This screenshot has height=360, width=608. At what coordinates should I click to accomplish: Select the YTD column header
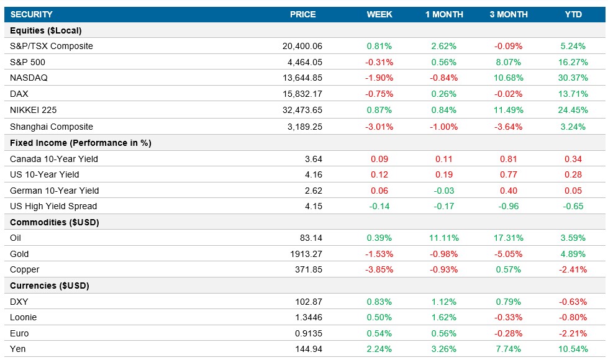[x=573, y=14]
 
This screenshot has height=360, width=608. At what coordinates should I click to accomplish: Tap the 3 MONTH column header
[x=509, y=14]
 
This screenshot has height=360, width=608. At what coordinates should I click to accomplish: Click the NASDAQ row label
[x=29, y=78]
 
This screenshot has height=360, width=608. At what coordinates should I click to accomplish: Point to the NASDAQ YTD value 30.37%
[x=573, y=78]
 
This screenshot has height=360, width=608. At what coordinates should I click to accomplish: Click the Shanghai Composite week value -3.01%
[x=379, y=127]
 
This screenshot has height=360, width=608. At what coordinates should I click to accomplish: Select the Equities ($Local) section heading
[x=46, y=30]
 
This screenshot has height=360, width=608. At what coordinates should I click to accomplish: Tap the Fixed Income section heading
[x=81, y=143]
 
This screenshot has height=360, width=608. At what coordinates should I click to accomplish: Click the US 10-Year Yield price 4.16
[x=313, y=174]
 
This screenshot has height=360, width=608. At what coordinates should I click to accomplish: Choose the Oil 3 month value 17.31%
[x=509, y=238]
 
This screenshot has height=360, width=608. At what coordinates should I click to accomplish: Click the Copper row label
[x=25, y=269]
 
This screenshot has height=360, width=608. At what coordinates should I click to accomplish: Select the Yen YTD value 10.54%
[x=573, y=349]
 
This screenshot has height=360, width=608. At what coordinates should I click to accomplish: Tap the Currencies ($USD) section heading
[x=50, y=286]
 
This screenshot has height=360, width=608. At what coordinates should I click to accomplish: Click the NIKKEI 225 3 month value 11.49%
[x=509, y=110]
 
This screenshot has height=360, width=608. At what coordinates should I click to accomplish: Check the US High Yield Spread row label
[x=53, y=206]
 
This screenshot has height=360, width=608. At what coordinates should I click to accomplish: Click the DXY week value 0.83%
[x=379, y=302]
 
